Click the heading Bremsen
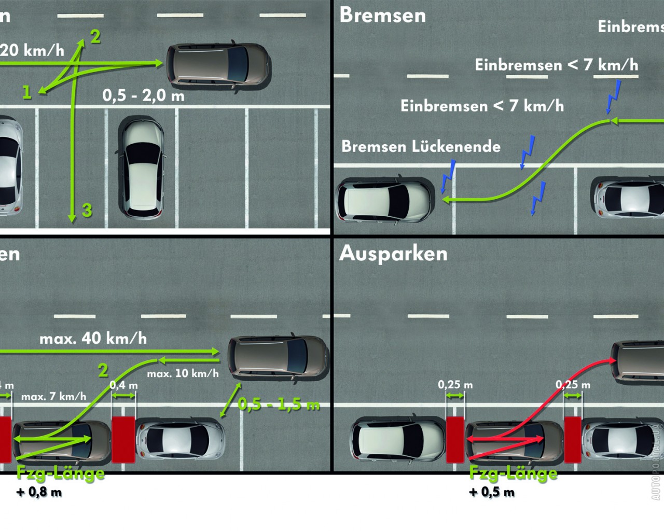(382, 16)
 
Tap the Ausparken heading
(393, 254)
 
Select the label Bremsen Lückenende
(421, 147)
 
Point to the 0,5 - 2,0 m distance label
(143, 95)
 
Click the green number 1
(27, 92)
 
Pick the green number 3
(87, 210)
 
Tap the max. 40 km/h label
(93, 339)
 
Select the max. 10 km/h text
(183, 373)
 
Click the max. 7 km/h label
(54, 397)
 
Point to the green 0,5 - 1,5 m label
(279, 404)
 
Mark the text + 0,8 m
(39, 492)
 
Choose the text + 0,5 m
(492, 492)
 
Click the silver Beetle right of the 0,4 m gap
(181, 440)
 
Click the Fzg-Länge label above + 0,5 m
(513, 473)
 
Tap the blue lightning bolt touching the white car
(448, 176)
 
